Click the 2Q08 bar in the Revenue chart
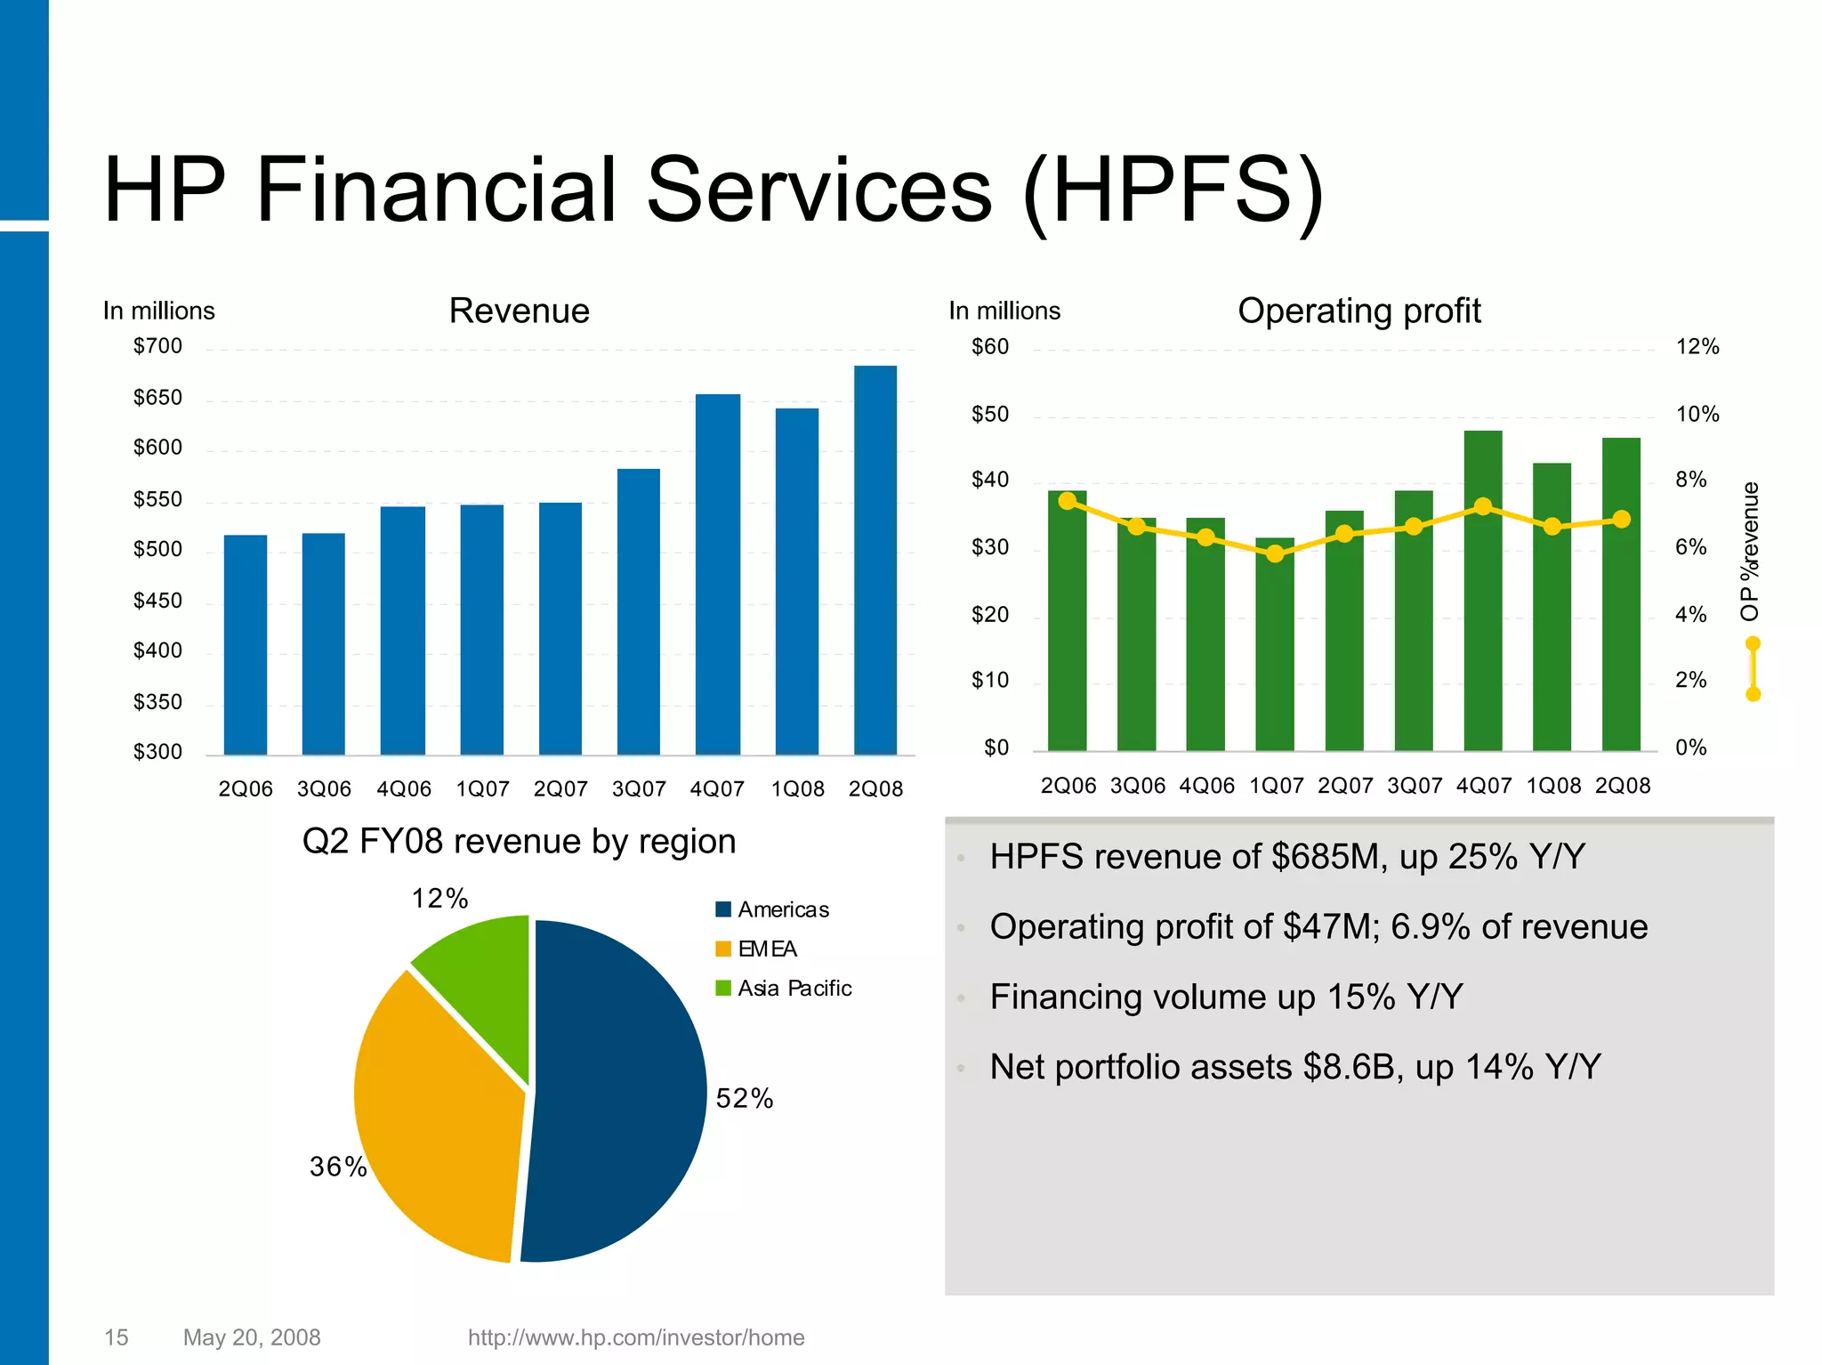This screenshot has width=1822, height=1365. click(x=875, y=561)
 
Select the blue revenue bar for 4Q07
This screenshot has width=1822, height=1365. click(x=717, y=574)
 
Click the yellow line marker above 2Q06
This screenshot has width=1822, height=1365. click(x=1068, y=501)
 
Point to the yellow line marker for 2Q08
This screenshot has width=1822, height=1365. click(x=1622, y=519)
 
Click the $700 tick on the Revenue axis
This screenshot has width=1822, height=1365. click(x=157, y=346)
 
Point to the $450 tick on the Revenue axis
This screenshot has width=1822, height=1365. click(x=157, y=601)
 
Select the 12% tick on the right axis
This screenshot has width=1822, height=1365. click(x=1697, y=347)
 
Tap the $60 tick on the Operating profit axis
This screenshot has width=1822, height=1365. click(x=989, y=347)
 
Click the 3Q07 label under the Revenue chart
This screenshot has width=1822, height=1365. click(x=639, y=788)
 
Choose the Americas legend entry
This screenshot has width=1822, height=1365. click(x=772, y=909)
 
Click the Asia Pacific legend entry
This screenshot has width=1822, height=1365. click(x=784, y=988)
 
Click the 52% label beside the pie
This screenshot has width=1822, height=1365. click(x=744, y=1099)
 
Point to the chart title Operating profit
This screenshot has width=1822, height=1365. click(x=1358, y=311)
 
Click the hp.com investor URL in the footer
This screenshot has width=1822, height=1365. click(x=635, y=1337)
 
